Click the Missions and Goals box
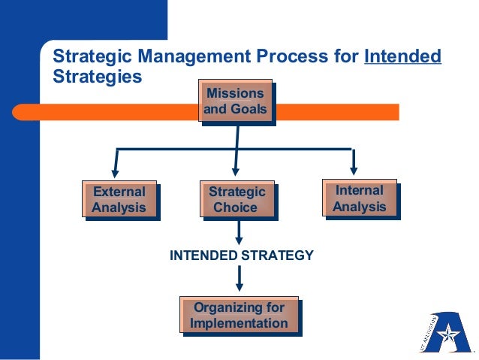tap(236, 103)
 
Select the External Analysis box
tap(119, 199)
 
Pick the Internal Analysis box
tap(360, 198)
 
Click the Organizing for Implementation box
tap(239, 316)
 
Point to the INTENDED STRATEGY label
tap(241, 256)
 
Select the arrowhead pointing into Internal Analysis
tap(353, 167)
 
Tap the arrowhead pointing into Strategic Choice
tap(235, 171)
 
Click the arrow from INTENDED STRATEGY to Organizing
tap(239, 280)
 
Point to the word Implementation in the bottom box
tap(239, 324)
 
